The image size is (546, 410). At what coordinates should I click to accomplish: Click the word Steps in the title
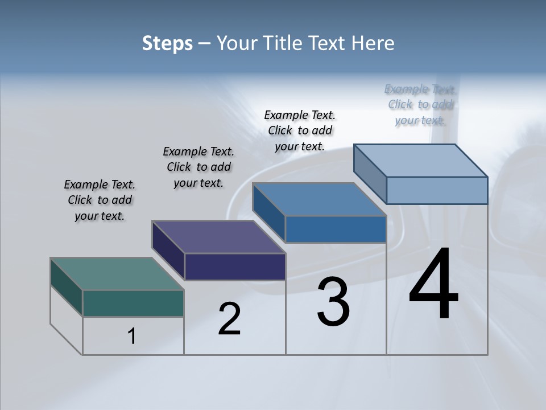[167, 44]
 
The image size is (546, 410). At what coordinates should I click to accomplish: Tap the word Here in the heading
[373, 44]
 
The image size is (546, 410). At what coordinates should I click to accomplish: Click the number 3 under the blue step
[333, 302]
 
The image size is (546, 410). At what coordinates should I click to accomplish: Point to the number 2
[229, 319]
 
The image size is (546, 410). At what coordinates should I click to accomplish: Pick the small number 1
[132, 336]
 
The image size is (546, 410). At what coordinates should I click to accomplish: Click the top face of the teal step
[117, 274]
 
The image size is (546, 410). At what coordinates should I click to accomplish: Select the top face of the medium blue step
[319, 199]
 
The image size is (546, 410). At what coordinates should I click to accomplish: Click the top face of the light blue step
[421, 161]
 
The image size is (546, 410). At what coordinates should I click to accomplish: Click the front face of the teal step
[133, 303]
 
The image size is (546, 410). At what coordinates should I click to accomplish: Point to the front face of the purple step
[235, 266]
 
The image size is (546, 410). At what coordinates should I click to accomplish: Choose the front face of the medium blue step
[336, 229]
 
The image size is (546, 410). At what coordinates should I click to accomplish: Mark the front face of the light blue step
[437, 190]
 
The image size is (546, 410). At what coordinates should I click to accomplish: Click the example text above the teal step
[100, 200]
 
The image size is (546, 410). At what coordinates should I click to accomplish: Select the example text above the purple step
[198, 167]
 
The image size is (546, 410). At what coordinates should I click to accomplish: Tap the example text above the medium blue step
[300, 130]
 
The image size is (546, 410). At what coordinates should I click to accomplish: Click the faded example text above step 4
[420, 105]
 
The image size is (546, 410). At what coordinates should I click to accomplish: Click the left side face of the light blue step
[370, 173]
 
